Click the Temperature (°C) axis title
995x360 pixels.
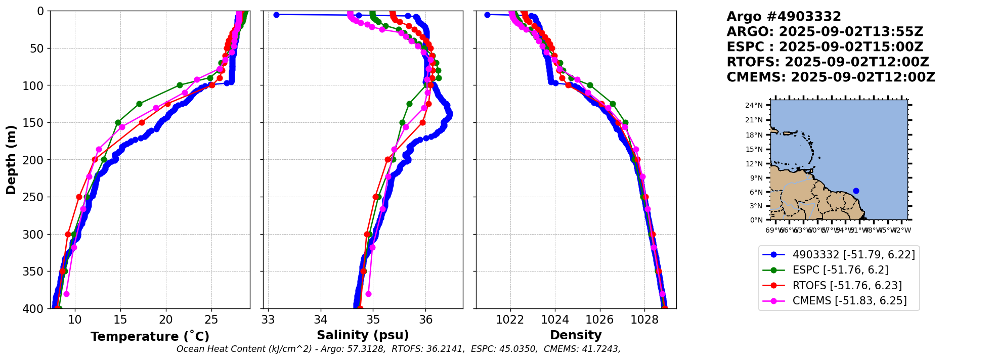(150, 337)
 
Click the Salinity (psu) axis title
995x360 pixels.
(363, 335)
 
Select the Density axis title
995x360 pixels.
(576, 335)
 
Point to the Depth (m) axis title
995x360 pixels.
(11, 159)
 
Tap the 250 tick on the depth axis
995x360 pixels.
(37, 197)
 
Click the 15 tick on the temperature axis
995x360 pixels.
(120, 320)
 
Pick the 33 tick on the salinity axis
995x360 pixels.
(268, 320)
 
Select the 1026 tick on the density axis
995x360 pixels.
(600, 320)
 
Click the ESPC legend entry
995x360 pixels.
(840, 270)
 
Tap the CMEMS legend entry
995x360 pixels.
(849, 301)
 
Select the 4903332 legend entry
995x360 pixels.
(853, 255)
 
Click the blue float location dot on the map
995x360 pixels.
(856, 191)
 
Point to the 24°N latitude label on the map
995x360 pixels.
(754, 105)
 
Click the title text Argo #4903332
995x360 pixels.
(784, 17)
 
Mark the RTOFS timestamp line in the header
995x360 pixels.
(828, 62)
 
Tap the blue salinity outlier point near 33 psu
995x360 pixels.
(276, 15)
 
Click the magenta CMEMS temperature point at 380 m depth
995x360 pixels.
(66, 294)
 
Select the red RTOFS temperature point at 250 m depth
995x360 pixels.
(79, 197)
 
